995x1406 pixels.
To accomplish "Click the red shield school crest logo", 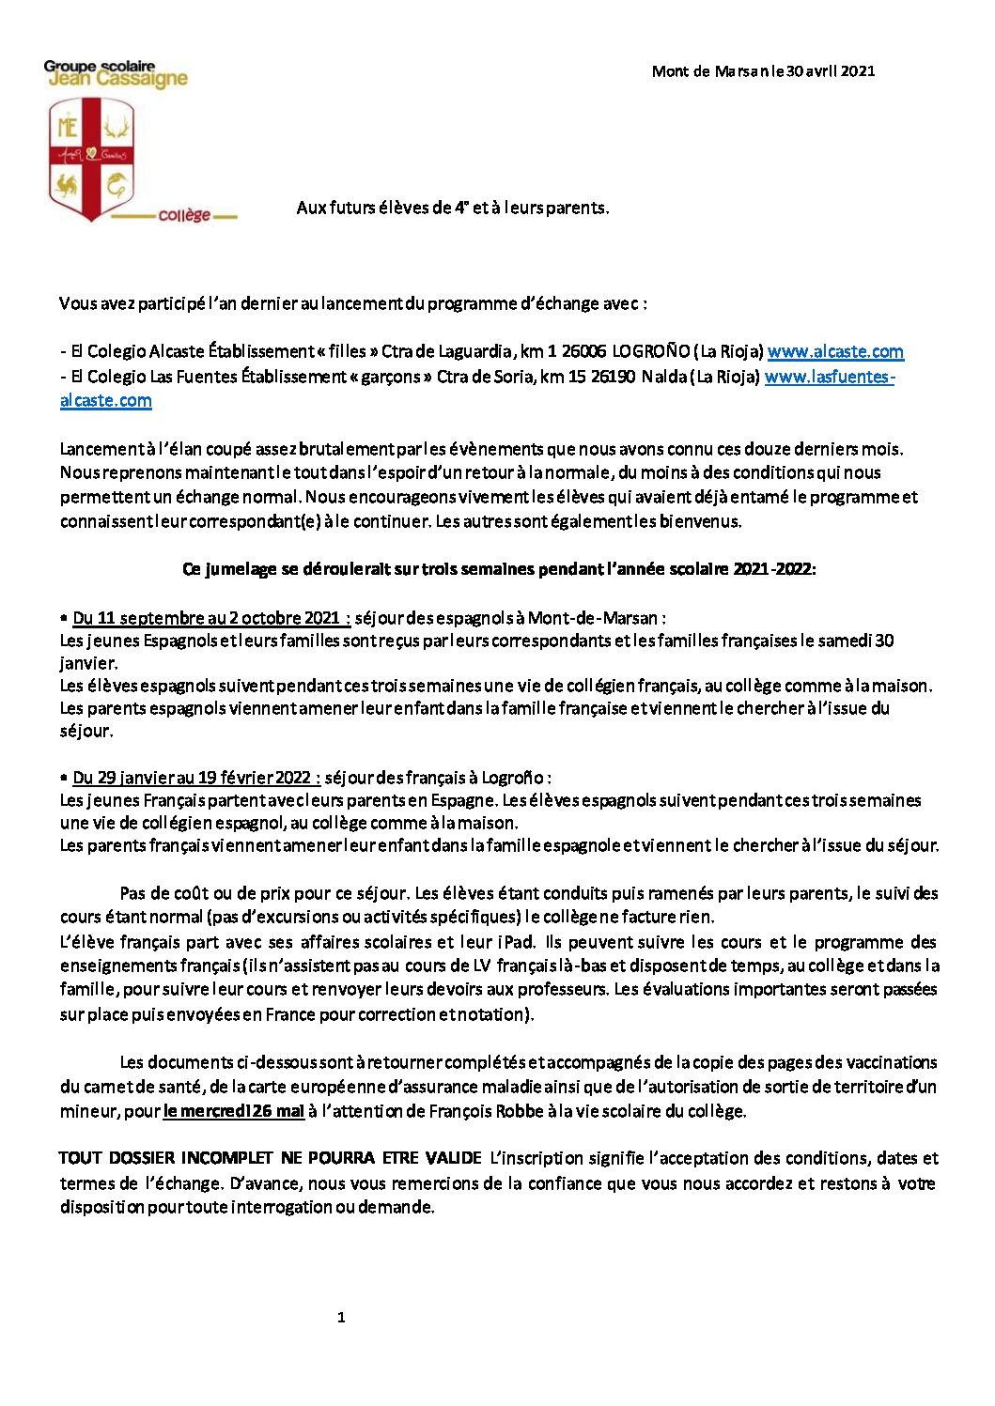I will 91,159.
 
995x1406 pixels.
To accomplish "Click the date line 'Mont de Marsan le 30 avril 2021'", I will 763,71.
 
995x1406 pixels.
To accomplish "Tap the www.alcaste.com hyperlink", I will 835,352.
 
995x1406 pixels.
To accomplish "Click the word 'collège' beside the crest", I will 184,215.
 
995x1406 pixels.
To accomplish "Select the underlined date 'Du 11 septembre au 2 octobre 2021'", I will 211,618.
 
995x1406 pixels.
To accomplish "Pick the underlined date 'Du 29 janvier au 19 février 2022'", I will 196,778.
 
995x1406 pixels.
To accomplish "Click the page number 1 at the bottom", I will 341,1318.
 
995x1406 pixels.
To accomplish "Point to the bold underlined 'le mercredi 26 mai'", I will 233,1111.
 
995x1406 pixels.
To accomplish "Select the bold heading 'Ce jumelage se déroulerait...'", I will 499,569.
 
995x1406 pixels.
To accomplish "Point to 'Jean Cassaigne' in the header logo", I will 117,80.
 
